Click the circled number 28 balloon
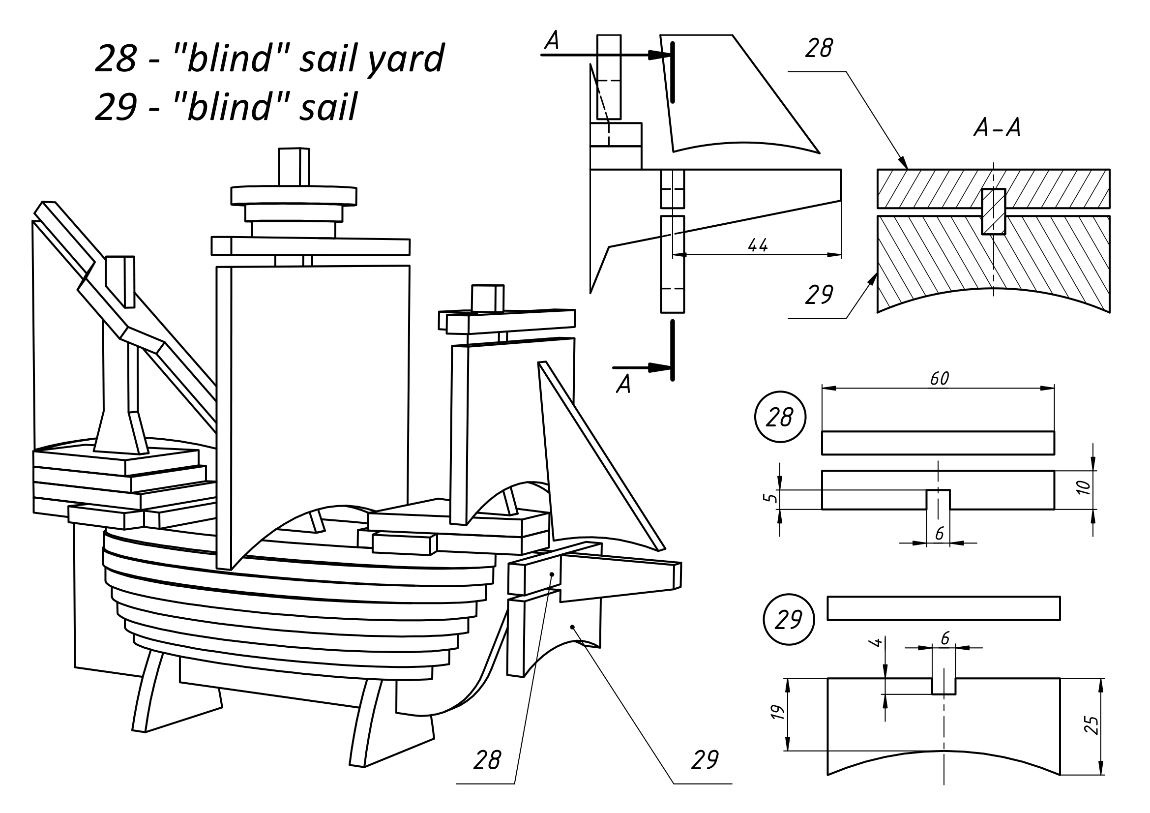(780, 417)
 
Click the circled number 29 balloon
(788, 620)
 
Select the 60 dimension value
(939, 379)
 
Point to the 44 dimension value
(757, 245)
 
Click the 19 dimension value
(777, 712)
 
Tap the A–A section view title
(997, 128)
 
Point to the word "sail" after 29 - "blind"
(328, 107)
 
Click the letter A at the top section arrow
(552, 40)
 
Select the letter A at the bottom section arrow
(623, 384)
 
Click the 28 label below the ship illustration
(487, 760)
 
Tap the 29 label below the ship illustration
(704, 760)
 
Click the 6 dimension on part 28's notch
(939, 534)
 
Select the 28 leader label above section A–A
(819, 49)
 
